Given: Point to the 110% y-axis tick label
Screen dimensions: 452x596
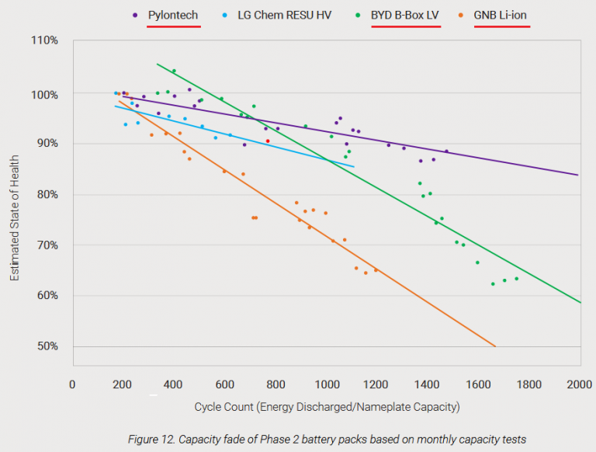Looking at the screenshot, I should coord(44,39).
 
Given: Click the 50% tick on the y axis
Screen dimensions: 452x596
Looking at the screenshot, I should coord(47,346).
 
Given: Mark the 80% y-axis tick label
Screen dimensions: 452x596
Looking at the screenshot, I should coord(47,194).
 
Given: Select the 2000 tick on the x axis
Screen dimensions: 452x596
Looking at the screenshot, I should coord(580,384).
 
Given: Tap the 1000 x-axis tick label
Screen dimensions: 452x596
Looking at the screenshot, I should coord(326,384).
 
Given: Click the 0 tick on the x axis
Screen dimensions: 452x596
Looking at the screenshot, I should coord(72,384).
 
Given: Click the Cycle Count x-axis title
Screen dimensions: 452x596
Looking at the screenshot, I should coord(327,406).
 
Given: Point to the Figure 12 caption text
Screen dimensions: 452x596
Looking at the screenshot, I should coord(327,439).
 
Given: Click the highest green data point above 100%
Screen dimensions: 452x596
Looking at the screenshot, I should coord(174,71).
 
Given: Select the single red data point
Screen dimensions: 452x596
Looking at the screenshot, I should coord(268,141).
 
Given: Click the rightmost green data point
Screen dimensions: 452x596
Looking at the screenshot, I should coord(517,279).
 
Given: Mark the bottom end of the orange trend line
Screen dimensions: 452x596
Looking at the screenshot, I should coord(495,346).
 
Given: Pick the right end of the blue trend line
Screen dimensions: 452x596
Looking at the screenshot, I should coord(354,167).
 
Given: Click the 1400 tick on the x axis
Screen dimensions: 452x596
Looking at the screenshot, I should coord(428,384).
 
